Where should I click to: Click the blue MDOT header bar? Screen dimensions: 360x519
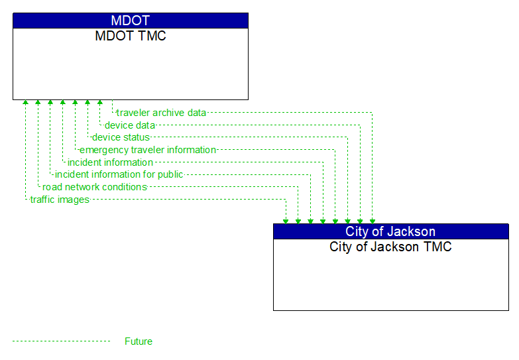tap(131, 21)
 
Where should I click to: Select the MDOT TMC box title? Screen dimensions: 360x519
tap(131, 36)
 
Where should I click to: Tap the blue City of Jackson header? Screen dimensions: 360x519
tap(390, 231)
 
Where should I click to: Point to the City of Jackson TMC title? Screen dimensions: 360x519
tap(390, 247)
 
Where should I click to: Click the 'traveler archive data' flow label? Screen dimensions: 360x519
tap(161, 113)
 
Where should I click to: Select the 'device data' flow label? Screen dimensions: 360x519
tap(130, 125)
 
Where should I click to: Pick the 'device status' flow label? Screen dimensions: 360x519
tap(121, 137)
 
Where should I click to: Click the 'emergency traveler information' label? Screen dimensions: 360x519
tap(148, 150)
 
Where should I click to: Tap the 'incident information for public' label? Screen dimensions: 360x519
tap(119, 174)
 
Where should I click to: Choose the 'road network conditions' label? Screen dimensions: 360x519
tap(95, 187)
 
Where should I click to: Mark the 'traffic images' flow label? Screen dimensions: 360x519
tap(60, 200)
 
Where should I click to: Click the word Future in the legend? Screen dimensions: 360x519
tap(139, 341)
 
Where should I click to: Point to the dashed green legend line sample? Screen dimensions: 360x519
tap(61, 341)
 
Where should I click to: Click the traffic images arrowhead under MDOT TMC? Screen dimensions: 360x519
tap(25, 103)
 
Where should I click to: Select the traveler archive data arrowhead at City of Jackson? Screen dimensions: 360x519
tap(373, 220)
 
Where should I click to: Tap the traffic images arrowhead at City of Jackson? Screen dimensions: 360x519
tap(286, 220)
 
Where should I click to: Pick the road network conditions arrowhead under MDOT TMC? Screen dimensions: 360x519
tap(38, 103)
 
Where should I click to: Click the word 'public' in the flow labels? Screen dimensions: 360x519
tap(169, 174)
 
